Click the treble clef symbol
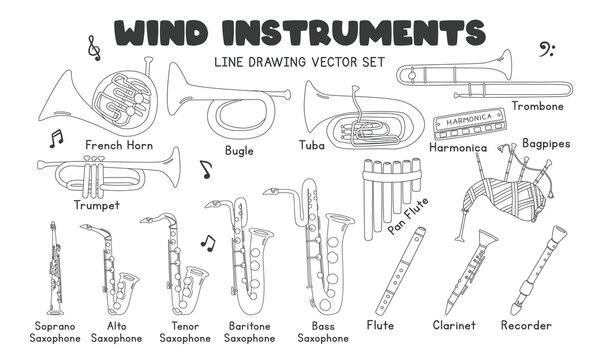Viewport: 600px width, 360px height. point(94,45)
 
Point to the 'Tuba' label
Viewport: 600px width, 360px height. point(311,145)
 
